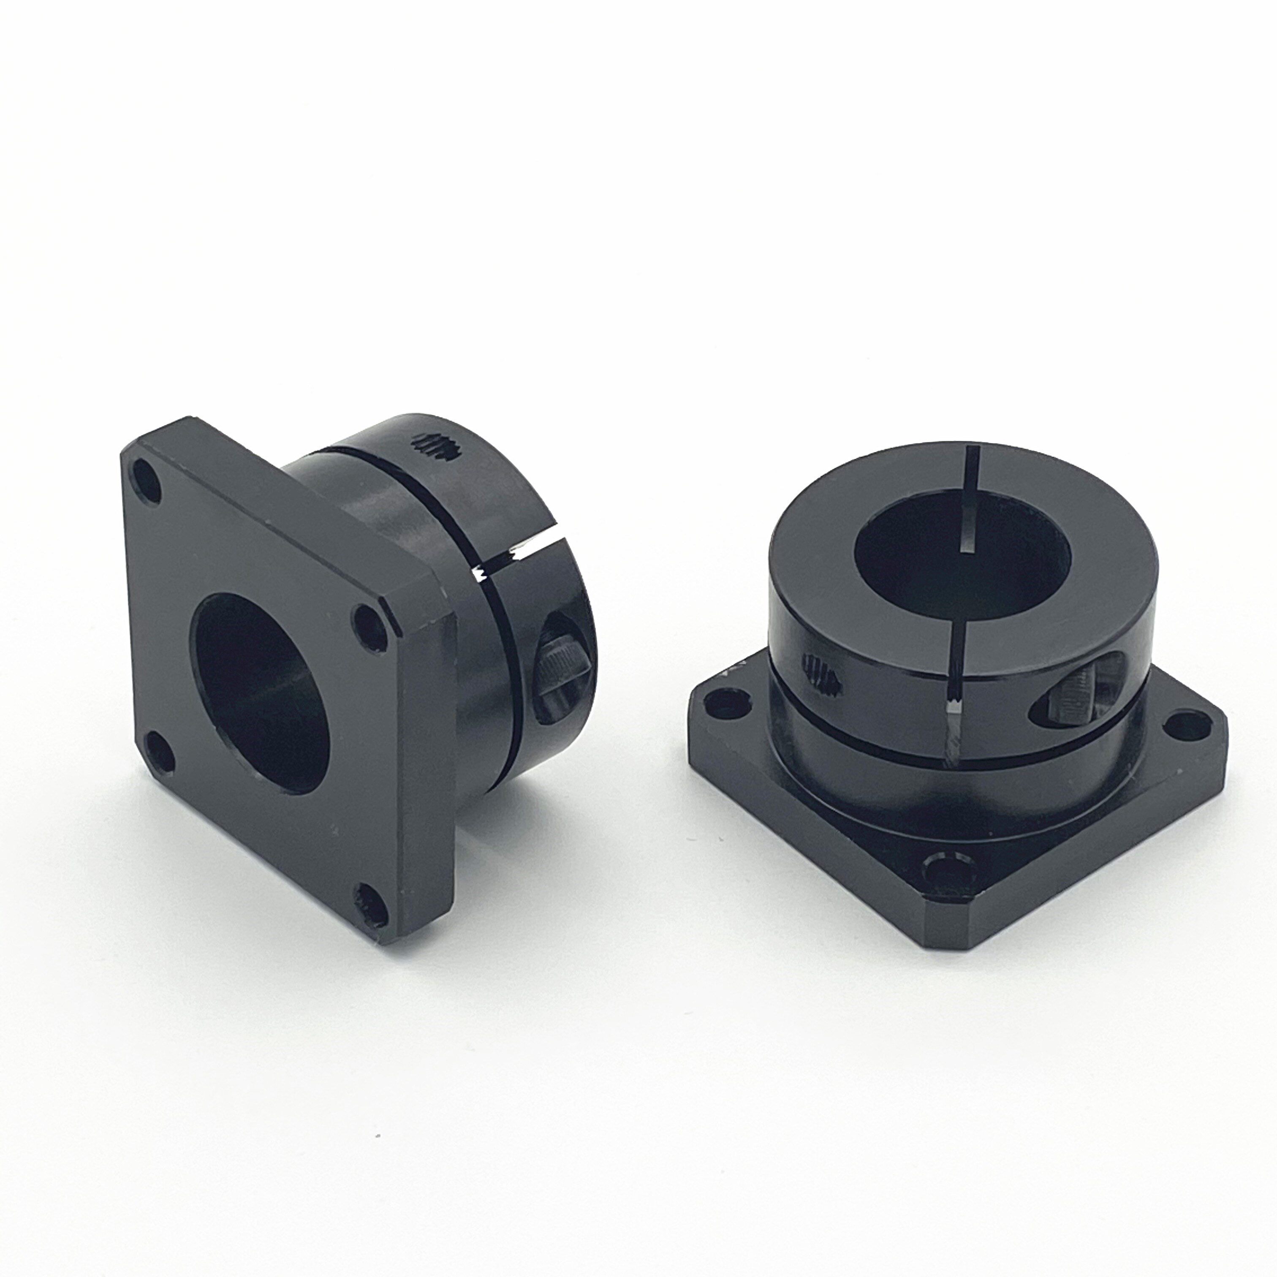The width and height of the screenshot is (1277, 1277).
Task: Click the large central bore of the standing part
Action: (261, 691)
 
